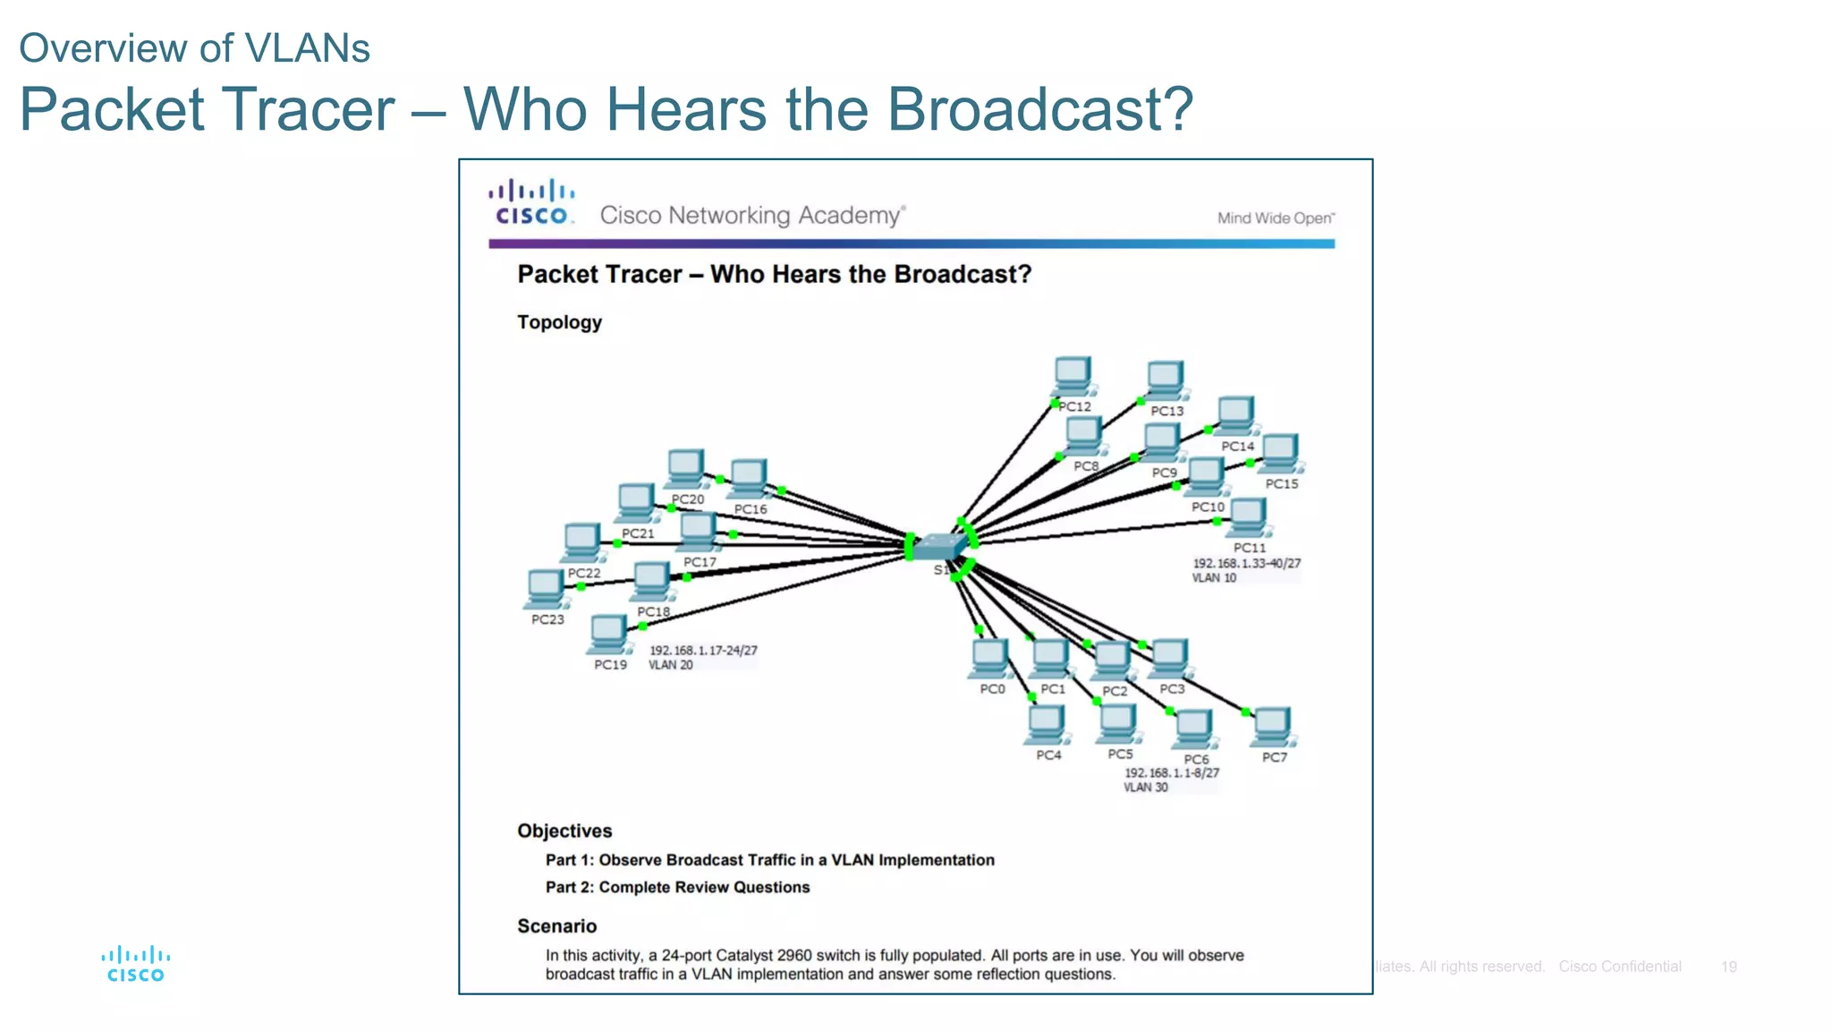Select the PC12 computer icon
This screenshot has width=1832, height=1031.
tap(1073, 376)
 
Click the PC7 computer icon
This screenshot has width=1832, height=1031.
tap(1272, 727)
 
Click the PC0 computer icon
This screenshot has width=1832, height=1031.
tap(990, 659)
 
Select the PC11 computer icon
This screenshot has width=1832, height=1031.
tap(1248, 517)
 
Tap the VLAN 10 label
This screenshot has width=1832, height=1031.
tap(1214, 578)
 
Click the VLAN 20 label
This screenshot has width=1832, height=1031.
tap(671, 665)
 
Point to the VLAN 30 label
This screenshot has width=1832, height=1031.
tap(1146, 788)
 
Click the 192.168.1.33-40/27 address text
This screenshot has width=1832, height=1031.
tap(1246, 564)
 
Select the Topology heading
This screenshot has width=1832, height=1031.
tap(559, 322)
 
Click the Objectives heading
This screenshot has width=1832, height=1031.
tap(564, 831)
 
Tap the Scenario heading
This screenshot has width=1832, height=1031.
tap(556, 926)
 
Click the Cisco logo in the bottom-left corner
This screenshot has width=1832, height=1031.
tap(135, 964)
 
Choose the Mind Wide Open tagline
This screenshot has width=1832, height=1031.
tap(1276, 217)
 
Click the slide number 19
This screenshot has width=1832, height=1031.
tap(1728, 967)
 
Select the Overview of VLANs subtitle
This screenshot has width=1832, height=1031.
tap(194, 47)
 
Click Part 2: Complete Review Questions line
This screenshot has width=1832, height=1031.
tap(677, 887)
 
